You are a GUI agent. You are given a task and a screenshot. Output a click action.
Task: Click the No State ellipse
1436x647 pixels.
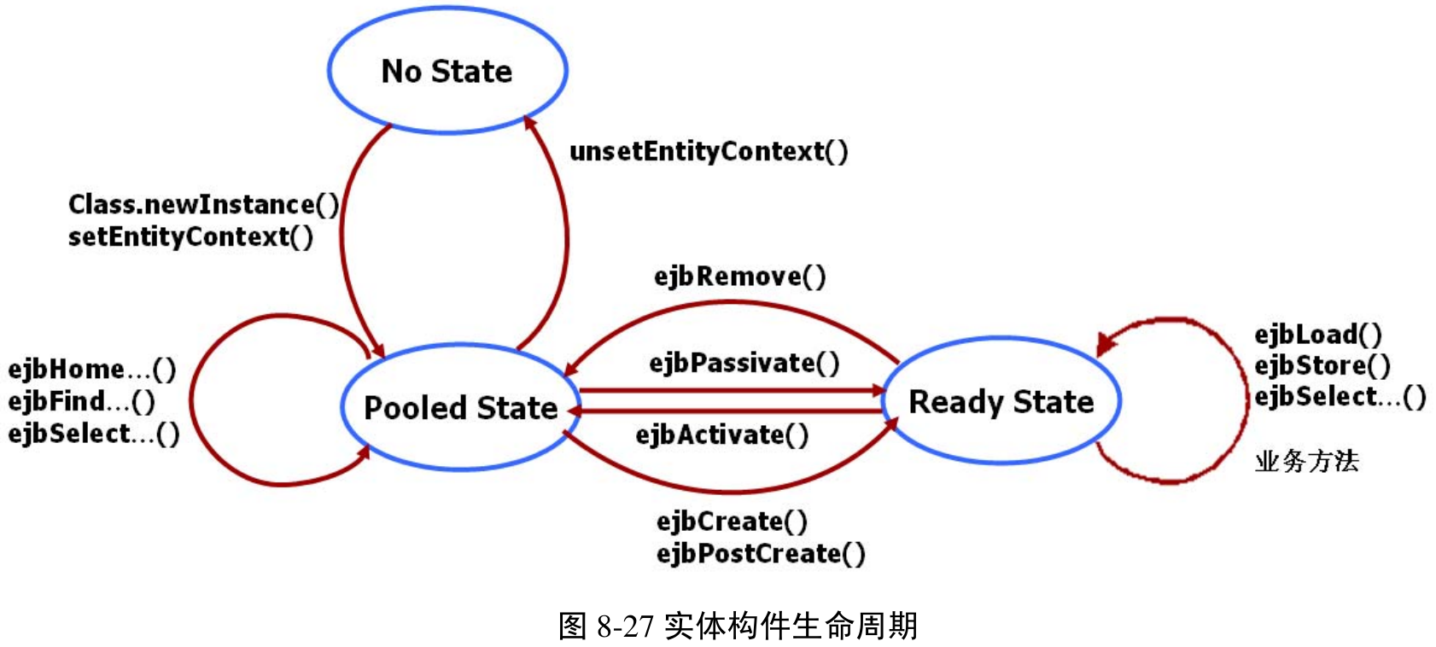pyautogui.click(x=447, y=71)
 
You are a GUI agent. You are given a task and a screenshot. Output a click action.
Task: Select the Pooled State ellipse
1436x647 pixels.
pyautogui.click(x=460, y=408)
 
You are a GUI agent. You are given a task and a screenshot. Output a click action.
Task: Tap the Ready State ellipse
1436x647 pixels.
pyautogui.click(x=1001, y=401)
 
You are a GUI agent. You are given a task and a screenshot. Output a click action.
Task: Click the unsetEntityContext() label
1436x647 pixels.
pyautogui.click(x=709, y=152)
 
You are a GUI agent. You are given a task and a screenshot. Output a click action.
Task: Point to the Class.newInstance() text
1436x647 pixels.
pyautogui.click(x=203, y=205)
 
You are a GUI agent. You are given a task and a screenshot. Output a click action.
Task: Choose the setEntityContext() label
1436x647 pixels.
pyautogui.click(x=190, y=236)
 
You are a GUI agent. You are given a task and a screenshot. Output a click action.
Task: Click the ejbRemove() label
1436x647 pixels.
pyautogui.click(x=739, y=277)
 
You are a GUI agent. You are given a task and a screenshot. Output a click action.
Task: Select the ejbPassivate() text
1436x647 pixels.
pyautogui.click(x=744, y=364)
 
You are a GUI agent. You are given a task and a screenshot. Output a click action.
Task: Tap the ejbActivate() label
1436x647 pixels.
pyautogui.click(x=721, y=435)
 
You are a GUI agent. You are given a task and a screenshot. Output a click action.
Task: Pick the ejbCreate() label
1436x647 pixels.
pyautogui.click(x=732, y=522)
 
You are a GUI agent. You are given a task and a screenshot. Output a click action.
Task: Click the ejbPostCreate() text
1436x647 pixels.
pyautogui.click(x=761, y=554)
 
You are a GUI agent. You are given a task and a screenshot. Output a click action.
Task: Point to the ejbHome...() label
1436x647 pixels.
pyautogui.click(x=92, y=370)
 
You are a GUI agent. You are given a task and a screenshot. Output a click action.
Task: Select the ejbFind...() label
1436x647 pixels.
pyautogui.click(x=82, y=401)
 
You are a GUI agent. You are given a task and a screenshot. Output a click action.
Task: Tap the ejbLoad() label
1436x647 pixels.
pyautogui.click(x=1317, y=335)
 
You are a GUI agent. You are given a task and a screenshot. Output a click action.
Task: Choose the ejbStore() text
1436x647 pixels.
pyautogui.click(x=1322, y=366)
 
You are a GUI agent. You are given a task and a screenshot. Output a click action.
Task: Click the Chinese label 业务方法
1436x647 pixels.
pyautogui.click(x=1306, y=462)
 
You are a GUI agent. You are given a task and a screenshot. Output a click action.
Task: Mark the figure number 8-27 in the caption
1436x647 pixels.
pyautogui.click(x=625, y=627)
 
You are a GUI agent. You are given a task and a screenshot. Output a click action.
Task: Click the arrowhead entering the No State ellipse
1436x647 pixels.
pyautogui.click(x=530, y=124)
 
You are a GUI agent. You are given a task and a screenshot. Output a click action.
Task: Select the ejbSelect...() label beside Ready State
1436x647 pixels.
pyautogui.click(x=1340, y=397)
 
